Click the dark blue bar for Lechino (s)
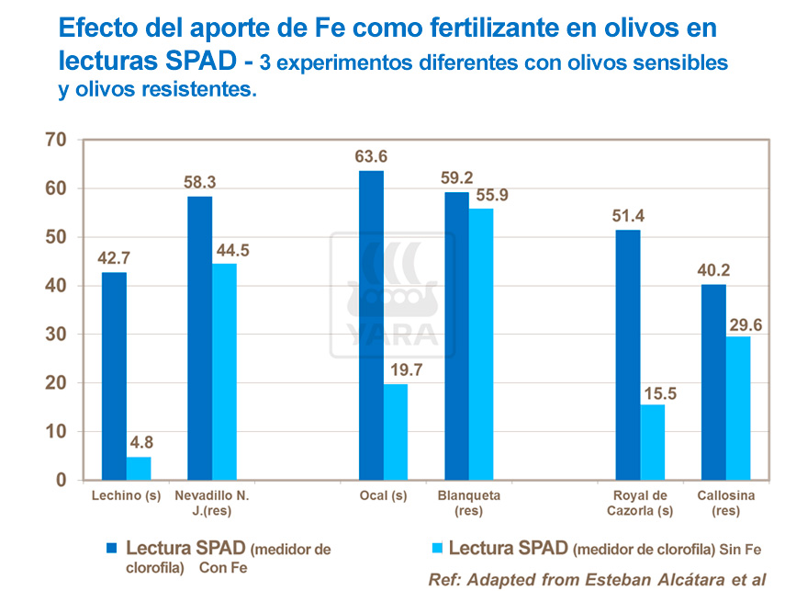coord(114,376)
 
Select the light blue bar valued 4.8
coord(139,468)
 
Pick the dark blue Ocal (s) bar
coord(371,325)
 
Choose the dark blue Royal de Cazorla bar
coord(628,355)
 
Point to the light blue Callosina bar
coord(738,407)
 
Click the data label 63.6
coord(371,154)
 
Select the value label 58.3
coord(199,180)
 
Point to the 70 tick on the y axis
coord(56,140)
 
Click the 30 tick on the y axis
coord(56,335)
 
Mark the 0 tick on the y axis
coord(62,480)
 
